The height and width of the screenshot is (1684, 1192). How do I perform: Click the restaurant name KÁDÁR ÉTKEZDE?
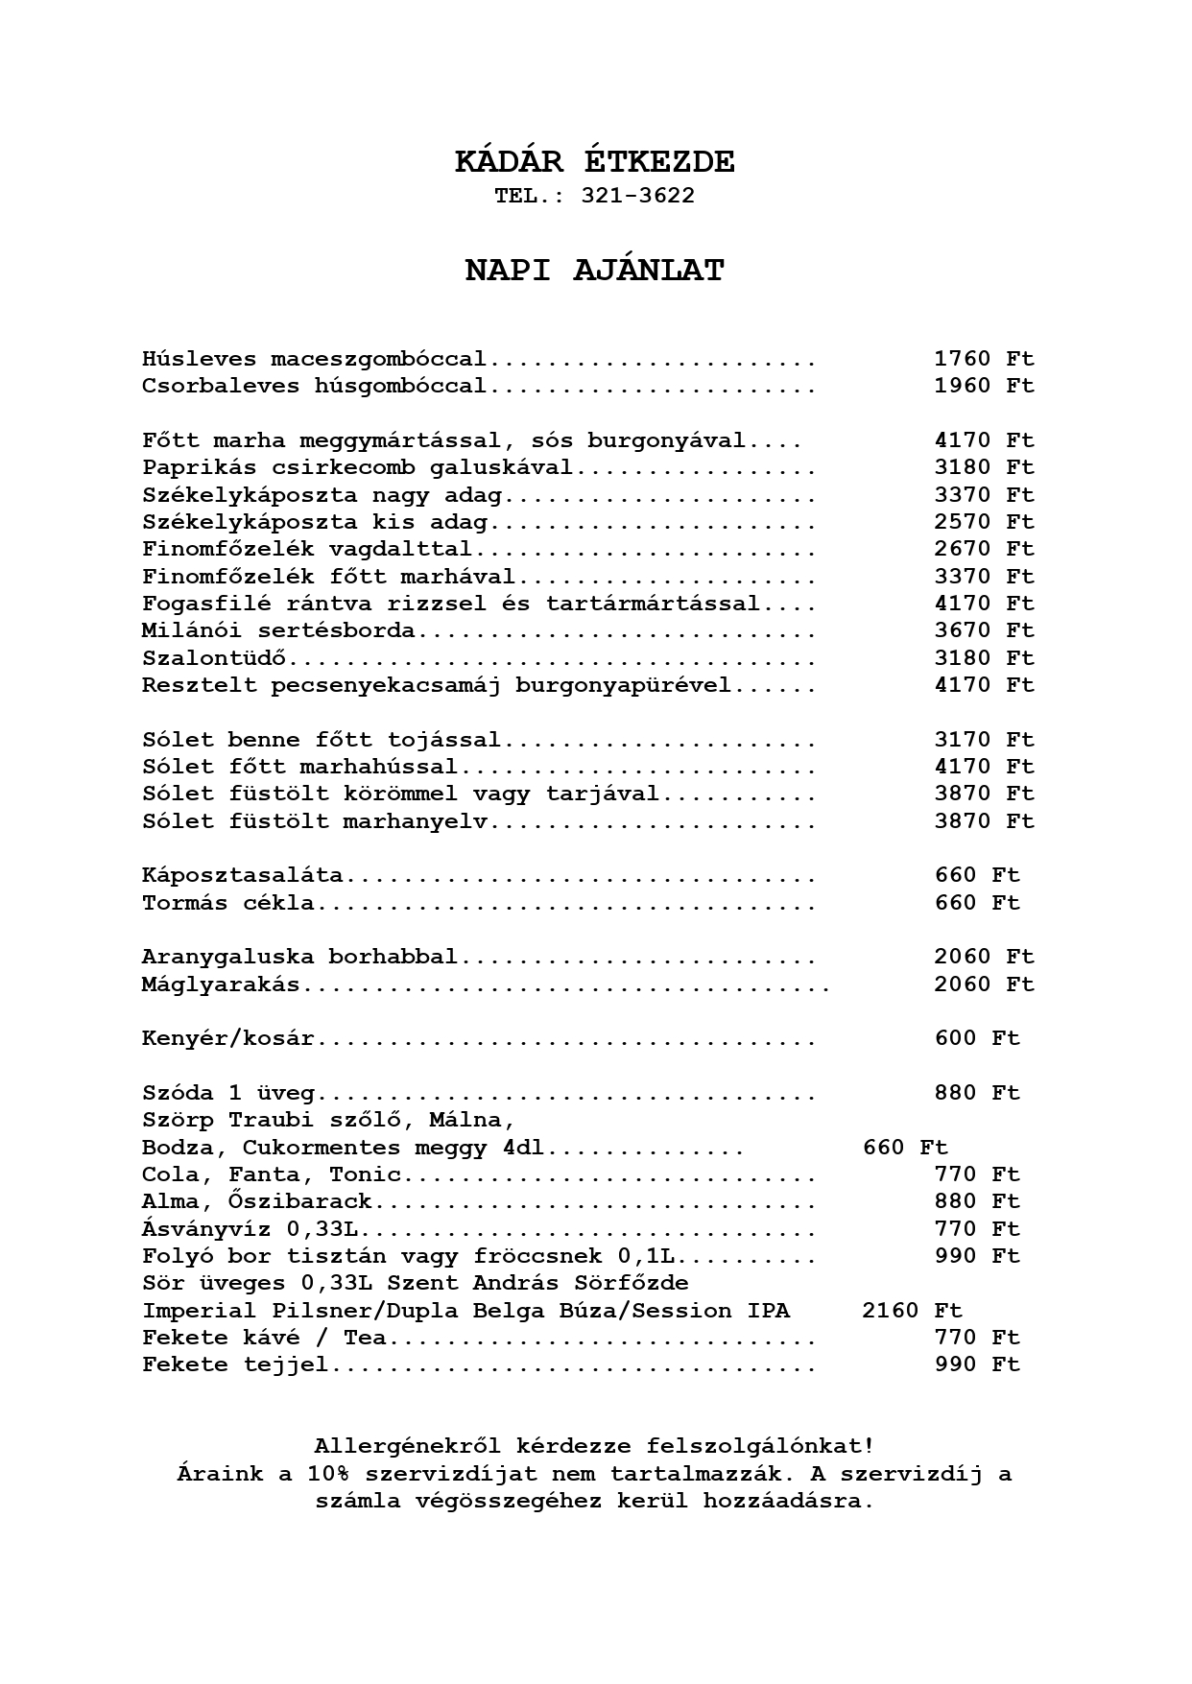coord(595,162)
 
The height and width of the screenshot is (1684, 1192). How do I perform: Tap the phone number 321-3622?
coord(637,196)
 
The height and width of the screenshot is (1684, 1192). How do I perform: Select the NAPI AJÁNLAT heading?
coord(595,271)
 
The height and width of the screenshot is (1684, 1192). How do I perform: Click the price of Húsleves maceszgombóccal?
coord(984,359)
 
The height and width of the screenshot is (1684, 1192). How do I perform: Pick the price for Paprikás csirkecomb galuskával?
coord(984,467)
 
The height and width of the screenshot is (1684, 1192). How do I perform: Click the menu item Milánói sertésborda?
coord(278,630)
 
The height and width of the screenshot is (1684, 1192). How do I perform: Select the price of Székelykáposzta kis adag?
coord(984,522)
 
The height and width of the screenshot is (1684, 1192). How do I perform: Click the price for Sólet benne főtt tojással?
coord(984,740)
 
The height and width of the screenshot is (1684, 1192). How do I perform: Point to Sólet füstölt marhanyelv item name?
coord(315,821)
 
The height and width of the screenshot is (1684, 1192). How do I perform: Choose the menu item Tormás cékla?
coord(227,903)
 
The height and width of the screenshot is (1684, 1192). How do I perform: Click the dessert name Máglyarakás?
coord(221,984)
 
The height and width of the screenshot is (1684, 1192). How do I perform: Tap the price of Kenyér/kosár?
coord(977,1038)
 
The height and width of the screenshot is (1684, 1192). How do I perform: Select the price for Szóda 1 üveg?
coord(977,1093)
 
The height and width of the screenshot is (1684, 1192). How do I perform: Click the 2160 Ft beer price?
coord(912,1311)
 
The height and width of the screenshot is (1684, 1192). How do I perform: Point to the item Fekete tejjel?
coord(235,1364)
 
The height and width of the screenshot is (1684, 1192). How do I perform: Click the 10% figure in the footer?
coord(329,1474)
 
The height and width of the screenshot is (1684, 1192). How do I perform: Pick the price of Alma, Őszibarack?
coord(977,1201)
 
